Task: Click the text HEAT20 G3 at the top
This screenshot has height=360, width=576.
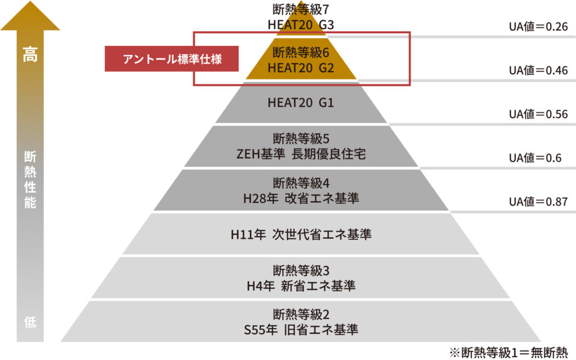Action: [x=301, y=25]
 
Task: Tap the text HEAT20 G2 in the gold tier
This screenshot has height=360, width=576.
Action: [x=301, y=68]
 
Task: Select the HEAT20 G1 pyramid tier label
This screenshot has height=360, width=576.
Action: [x=301, y=103]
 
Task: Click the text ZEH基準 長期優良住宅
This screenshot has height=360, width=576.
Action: [x=301, y=154]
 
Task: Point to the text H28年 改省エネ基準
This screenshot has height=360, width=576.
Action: [x=301, y=198]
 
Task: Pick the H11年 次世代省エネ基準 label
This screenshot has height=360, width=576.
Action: [x=301, y=234]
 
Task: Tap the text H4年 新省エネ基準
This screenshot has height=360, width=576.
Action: [x=301, y=286]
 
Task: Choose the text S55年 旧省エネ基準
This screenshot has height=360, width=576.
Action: [x=301, y=329]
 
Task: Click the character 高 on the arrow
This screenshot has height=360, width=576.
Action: [x=30, y=56]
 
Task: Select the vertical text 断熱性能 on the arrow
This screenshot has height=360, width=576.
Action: [x=30, y=179]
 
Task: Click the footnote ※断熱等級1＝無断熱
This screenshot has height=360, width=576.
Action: [x=509, y=352]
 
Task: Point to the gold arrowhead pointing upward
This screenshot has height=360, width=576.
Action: [x=30, y=17]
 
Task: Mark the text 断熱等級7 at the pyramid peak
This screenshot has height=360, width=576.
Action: [x=301, y=9]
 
